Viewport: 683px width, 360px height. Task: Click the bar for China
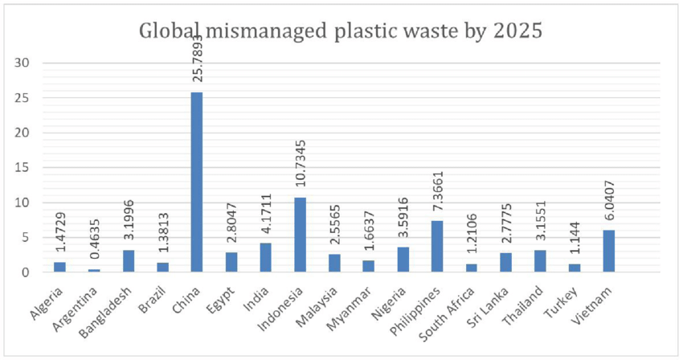pyautogui.click(x=197, y=182)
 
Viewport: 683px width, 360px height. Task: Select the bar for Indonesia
pyautogui.click(x=300, y=235)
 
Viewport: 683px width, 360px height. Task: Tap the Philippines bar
pyautogui.click(x=437, y=247)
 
